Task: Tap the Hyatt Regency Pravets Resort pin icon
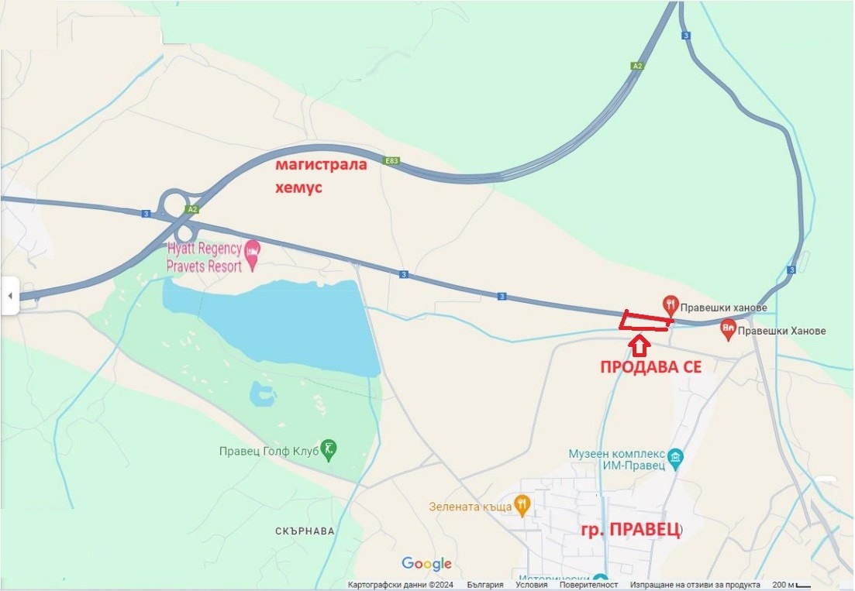tap(253, 251)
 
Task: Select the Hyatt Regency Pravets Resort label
tap(204, 257)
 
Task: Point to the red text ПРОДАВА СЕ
tap(651, 367)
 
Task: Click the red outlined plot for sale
tap(646, 321)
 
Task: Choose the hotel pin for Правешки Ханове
tap(728, 328)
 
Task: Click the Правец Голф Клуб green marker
tap(329, 449)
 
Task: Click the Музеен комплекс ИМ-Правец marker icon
tap(675, 456)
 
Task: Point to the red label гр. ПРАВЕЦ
tap(631, 531)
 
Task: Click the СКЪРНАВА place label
tap(305, 531)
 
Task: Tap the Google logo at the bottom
tap(426, 564)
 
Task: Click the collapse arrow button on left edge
tap(9, 296)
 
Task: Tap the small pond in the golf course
tap(262, 394)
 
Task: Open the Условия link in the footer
tap(531, 585)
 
